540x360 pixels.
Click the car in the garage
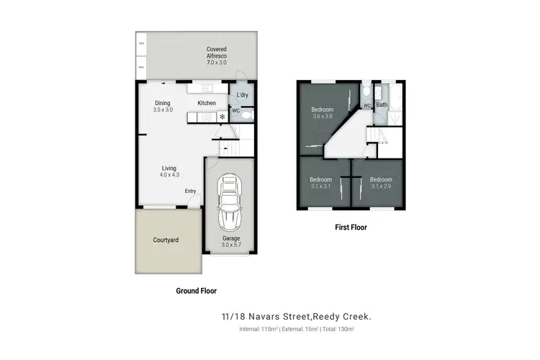tap(230, 201)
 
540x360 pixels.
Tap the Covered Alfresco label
tap(217, 56)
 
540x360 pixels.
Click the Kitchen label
tap(207, 104)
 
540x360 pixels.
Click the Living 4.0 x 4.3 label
tap(168, 172)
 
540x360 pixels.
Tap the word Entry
tap(190, 191)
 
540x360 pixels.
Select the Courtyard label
tap(166, 240)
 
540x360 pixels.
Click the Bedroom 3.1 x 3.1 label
tap(321, 183)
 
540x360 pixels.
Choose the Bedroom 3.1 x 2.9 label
tap(381, 183)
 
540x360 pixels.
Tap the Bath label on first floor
tap(382, 105)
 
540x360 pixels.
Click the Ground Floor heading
tap(196, 291)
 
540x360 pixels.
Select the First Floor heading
tap(352, 227)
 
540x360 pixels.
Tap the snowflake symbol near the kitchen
tap(222, 116)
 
